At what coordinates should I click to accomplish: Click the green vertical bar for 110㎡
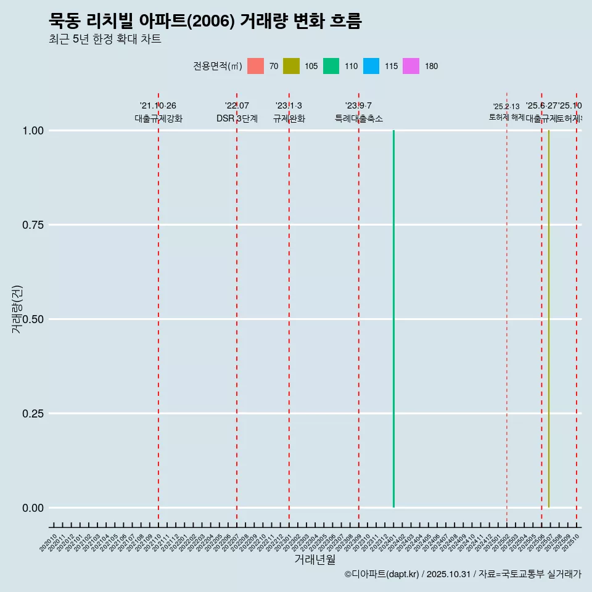point(393,319)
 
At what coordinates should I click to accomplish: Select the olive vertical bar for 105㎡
point(548,319)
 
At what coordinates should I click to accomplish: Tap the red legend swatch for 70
point(255,66)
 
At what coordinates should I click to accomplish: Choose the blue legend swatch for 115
point(371,66)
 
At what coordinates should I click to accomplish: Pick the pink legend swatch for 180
point(411,66)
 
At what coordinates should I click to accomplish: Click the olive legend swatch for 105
point(291,66)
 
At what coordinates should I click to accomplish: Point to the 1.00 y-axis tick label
point(33,131)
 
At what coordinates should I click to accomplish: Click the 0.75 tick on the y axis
point(33,225)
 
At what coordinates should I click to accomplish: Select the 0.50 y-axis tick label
point(33,319)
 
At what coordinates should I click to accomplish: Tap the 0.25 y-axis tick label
point(33,414)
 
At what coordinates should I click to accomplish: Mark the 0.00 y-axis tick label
point(33,508)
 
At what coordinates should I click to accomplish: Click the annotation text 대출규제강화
point(158,118)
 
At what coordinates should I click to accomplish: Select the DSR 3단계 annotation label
point(237,118)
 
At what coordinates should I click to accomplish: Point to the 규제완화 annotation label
point(289,118)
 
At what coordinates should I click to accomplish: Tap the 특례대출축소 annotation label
point(359,118)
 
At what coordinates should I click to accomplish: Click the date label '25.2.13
point(506,107)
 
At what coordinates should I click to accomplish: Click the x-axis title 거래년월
point(315,560)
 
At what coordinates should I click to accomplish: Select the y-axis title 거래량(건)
point(17,309)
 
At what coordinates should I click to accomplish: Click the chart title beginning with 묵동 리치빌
point(205,21)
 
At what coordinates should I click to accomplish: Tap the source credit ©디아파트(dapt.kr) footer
point(462,575)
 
